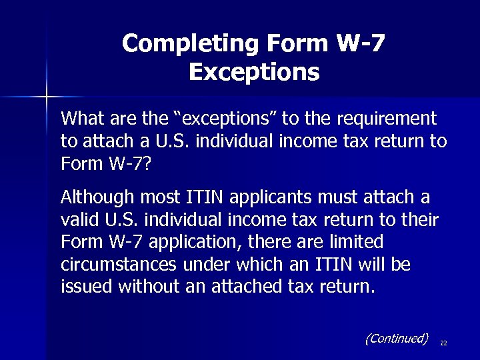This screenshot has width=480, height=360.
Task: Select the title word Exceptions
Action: pyautogui.click(x=254, y=71)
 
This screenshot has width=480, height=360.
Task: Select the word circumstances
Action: pyautogui.click(x=117, y=265)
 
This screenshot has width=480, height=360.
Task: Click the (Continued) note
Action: pyautogui.click(x=397, y=338)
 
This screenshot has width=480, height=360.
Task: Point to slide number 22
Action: pyautogui.click(x=443, y=343)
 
